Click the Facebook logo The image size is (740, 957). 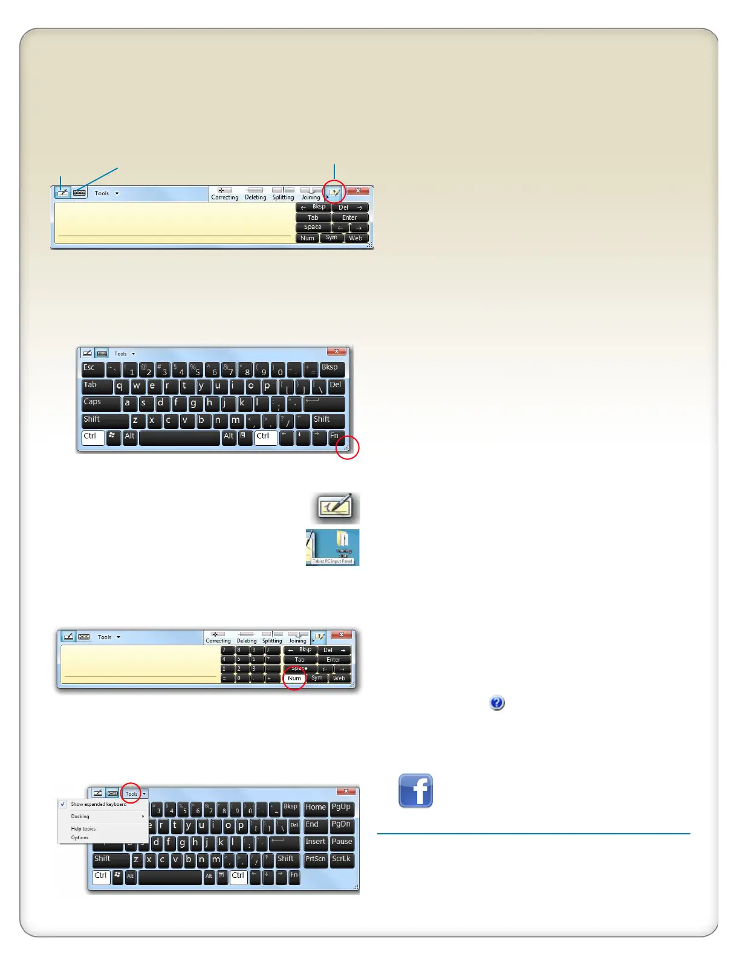[x=415, y=790]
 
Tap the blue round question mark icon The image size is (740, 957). [x=497, y=703]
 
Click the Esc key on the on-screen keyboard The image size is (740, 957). [x=92, y=369]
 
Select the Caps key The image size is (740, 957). [x=100, y=403]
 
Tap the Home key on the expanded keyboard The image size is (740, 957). [x=316, y=808]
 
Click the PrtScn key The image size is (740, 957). [x=316, y=859]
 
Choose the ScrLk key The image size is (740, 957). [x=342, y=859]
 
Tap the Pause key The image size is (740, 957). [x=342, y=842]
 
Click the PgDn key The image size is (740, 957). [x=342, y=825]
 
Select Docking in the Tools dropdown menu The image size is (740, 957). [x=80, y=816]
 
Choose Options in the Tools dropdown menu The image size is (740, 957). [x=80, y=837]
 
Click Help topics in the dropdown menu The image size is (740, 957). [x=83, y=829]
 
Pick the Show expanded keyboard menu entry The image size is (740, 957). [x=98, y=804]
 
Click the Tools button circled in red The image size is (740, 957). [x=132, y=793]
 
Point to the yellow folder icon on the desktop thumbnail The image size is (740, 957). [x=343, y=540]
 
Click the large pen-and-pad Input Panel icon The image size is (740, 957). [x=336, y=507]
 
